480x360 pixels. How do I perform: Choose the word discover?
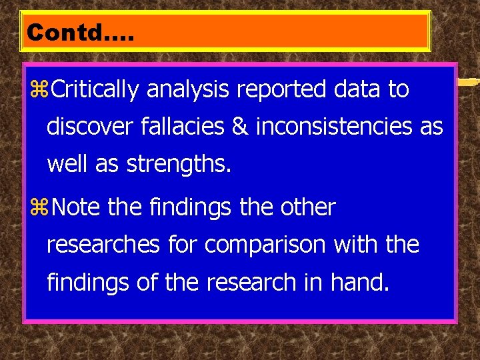(x=90, y=126)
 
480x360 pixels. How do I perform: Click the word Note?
(x=75, y=207)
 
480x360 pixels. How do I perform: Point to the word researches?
(x=103, y=245)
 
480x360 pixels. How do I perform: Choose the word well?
(x=67, y=164)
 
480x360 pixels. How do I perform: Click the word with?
(x=357, y=245)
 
